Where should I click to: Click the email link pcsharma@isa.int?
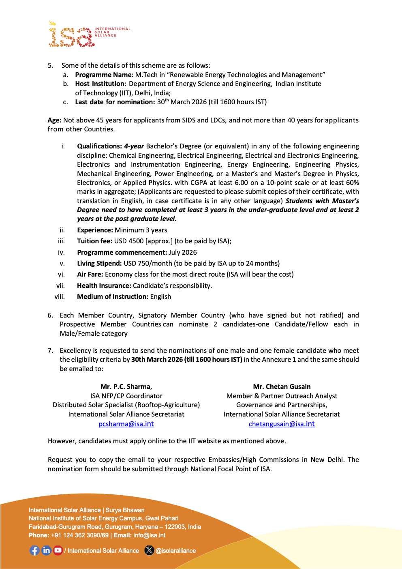coord(126,424)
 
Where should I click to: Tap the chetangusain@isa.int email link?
coord(282,424)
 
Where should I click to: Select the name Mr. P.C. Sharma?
coord(126,386)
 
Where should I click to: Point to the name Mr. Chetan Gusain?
coord(282,386)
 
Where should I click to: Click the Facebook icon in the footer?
coord(35,550)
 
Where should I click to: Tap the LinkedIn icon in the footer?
coord(47,550)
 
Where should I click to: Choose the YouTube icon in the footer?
coord(58,550)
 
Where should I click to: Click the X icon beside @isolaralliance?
coord(149,550)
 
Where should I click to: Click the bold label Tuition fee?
coord(94,241)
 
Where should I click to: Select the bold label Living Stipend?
coord(99,263)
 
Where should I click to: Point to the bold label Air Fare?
coord(90,274)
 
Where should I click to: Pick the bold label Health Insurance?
coord(104,286)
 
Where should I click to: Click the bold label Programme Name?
coord(103,75)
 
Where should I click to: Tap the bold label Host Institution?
coord(100,84)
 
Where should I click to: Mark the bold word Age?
coord(54,120)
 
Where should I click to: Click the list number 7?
coord(50,350)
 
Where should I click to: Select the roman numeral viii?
coord(60,296)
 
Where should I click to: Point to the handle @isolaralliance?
coord(176,551)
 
